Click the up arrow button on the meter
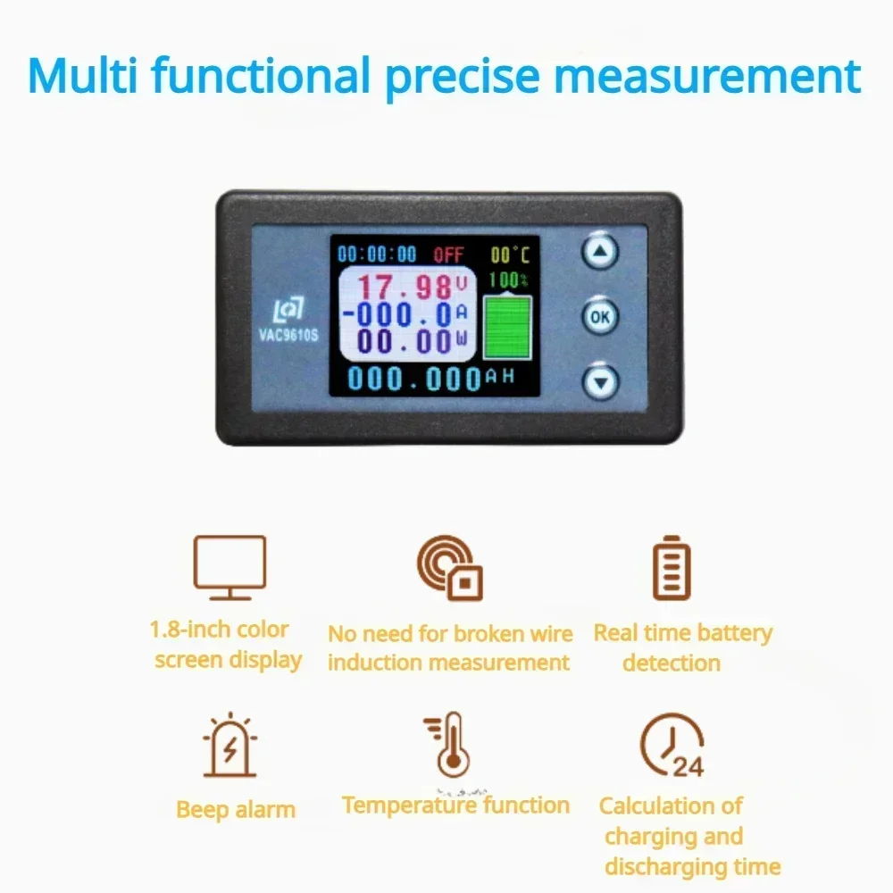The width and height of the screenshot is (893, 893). (600, 251)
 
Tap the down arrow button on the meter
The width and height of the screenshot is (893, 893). (601, 381)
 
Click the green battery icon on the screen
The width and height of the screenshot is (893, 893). (507, 326)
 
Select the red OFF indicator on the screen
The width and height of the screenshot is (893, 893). (449, 255)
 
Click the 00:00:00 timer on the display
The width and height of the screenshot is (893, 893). (377, 254)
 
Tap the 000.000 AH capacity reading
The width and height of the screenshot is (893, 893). (431, 378)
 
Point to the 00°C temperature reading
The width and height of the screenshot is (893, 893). (510, 255)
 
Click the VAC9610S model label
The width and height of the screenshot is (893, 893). (288, 334)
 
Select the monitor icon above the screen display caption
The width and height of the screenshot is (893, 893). (230, 567)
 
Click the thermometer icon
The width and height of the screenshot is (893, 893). (449, 745)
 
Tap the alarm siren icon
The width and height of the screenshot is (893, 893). (230, 745)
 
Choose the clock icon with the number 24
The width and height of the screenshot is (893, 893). (672, 745)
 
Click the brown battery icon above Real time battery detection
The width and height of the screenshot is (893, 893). (672, 567)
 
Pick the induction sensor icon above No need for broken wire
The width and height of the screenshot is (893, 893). (449, 567)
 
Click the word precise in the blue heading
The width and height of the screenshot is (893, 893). (463, 77)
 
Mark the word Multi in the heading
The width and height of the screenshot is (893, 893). (82, 75)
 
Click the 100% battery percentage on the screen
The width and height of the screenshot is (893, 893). (508, 280)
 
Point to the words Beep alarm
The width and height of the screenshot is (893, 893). (236, 810)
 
